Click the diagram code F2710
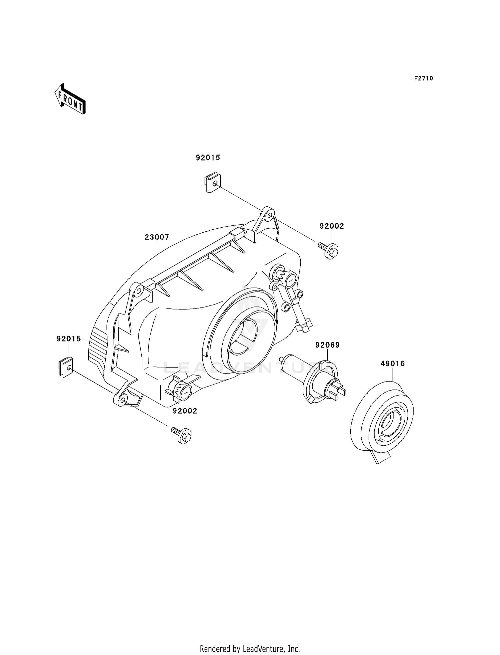click(424, 78)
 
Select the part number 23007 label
click(157, 237)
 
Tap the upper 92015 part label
click(208, 158)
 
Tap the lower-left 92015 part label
click(69, 339)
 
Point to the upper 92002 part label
click(332, 226)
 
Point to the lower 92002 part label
click(185, 411)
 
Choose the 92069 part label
click(328, 345)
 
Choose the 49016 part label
click(393, 364)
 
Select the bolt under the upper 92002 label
click(328, 250)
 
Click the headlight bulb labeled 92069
click(313, 380)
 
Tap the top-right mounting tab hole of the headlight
click(269, 216)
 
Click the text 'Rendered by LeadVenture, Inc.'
click(250, 649)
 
